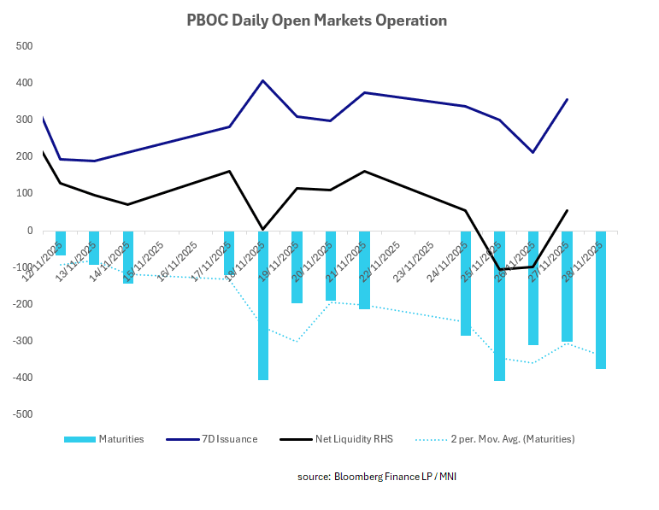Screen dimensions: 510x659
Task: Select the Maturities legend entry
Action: point(120,439)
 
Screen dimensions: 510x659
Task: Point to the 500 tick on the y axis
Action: point(24,46)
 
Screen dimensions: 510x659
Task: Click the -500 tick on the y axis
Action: point(22,414)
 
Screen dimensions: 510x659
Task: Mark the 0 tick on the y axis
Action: point(29,231)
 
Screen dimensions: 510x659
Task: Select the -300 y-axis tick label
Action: point(22,341)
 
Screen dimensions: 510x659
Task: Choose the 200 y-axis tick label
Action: point(24,156)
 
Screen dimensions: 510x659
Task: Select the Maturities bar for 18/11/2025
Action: point(262,305)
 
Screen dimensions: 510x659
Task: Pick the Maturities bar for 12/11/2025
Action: point(61,243)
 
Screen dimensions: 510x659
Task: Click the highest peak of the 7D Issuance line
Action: point(262,81)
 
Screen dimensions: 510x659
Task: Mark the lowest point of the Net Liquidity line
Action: point(499,270)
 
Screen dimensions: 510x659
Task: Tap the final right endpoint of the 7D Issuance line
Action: point(567,99)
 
